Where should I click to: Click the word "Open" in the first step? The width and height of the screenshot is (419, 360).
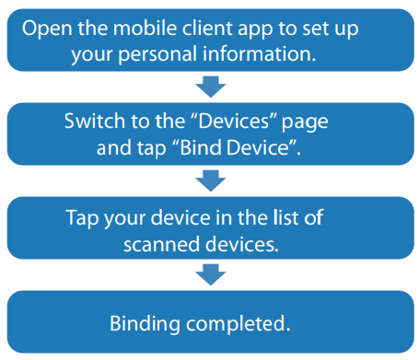(46, 29)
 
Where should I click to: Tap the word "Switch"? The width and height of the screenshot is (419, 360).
(92, 122)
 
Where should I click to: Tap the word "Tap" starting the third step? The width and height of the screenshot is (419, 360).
(83, 217)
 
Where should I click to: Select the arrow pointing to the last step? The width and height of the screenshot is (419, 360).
(212, 273)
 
